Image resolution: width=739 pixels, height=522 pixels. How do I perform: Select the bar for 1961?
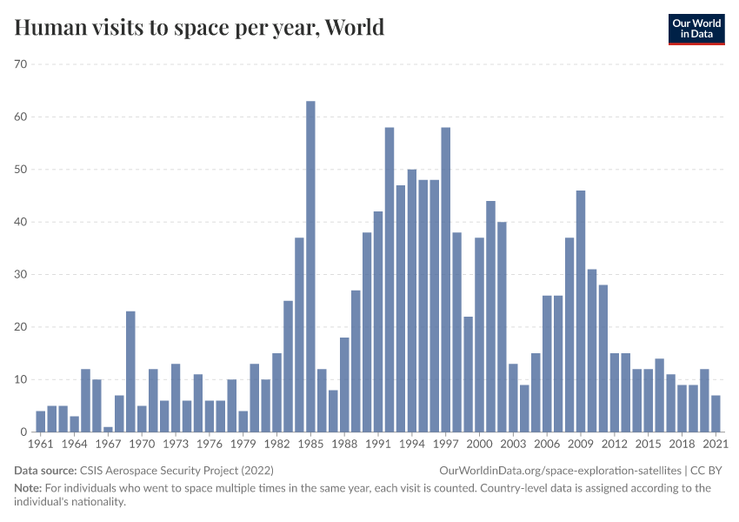(x=40, y=421)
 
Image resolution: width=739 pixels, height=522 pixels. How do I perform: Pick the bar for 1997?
(x=446, y=279)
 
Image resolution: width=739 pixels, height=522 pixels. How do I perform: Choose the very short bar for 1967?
(x=108, y=429)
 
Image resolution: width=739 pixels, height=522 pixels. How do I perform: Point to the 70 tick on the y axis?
(x=21, y=64)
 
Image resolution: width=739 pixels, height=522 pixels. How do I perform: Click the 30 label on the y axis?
(x=21, y=275)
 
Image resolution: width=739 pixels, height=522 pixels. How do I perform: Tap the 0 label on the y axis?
(x=24, y=432)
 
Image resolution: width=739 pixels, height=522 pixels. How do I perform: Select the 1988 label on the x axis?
(x=344, y=445)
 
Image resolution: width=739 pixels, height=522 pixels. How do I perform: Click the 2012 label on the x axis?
(x=615, y=445)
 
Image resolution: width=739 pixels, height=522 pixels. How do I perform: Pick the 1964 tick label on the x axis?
(x=74, y=445)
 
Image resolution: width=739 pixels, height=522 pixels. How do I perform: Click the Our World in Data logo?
(x=696, y=28)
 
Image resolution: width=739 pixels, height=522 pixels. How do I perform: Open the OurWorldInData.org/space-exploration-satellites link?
(x=555, y=470)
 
